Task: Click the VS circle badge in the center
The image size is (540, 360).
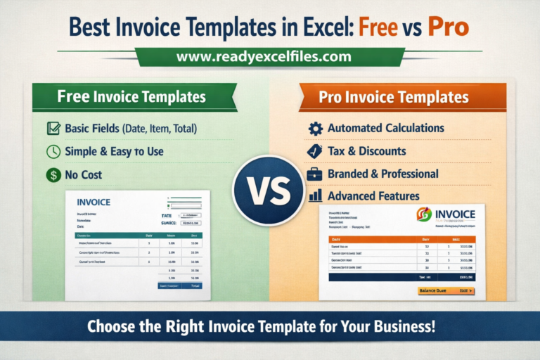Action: coord(270,179)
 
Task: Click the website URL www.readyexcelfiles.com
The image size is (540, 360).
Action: coord(269,55)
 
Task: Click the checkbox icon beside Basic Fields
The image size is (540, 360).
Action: coord(53,129)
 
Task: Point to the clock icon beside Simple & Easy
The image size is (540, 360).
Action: coord(53,151)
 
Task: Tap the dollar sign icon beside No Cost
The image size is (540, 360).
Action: coord(53,174)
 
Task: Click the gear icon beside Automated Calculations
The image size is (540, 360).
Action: coord(316,129)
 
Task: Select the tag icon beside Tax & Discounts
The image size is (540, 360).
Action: coord(316,150)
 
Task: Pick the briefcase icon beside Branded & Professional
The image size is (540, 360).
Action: coord(316,173)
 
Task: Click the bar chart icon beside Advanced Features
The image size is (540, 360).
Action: coord(316,195)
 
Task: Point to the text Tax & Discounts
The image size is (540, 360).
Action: coord(366,150)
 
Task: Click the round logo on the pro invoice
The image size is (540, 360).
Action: coord(424,214)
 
